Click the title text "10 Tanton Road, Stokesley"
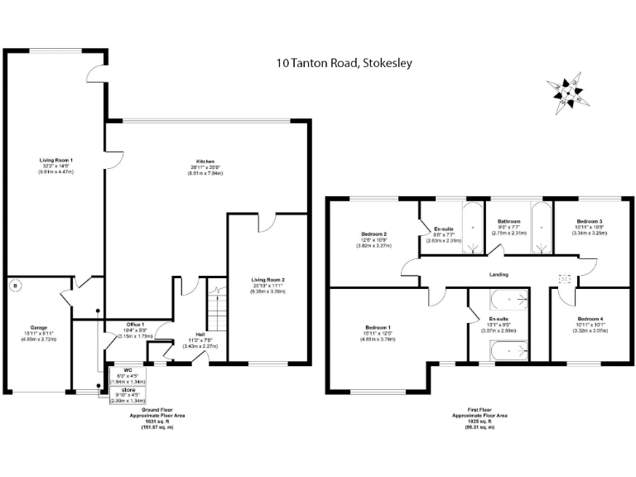tap(344, 62)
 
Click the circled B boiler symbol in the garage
tap(14, 287)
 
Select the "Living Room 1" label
tap(56, 159)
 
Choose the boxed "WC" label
tap(128, 370)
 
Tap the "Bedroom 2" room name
tap(373, 234)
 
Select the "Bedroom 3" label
tap(589, 222)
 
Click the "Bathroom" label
tap(508, 222)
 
